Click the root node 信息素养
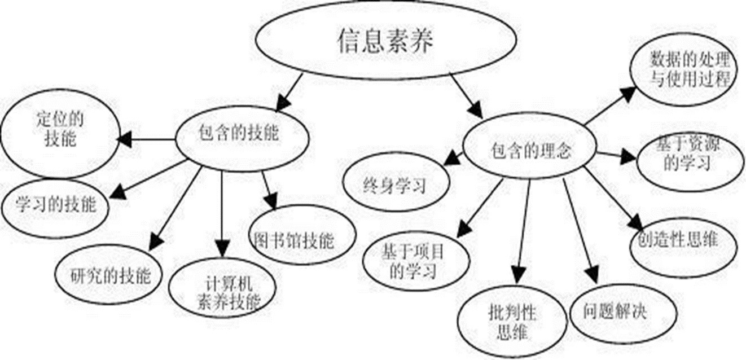(x=386, y=41)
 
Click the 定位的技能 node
(x=59, y=131)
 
